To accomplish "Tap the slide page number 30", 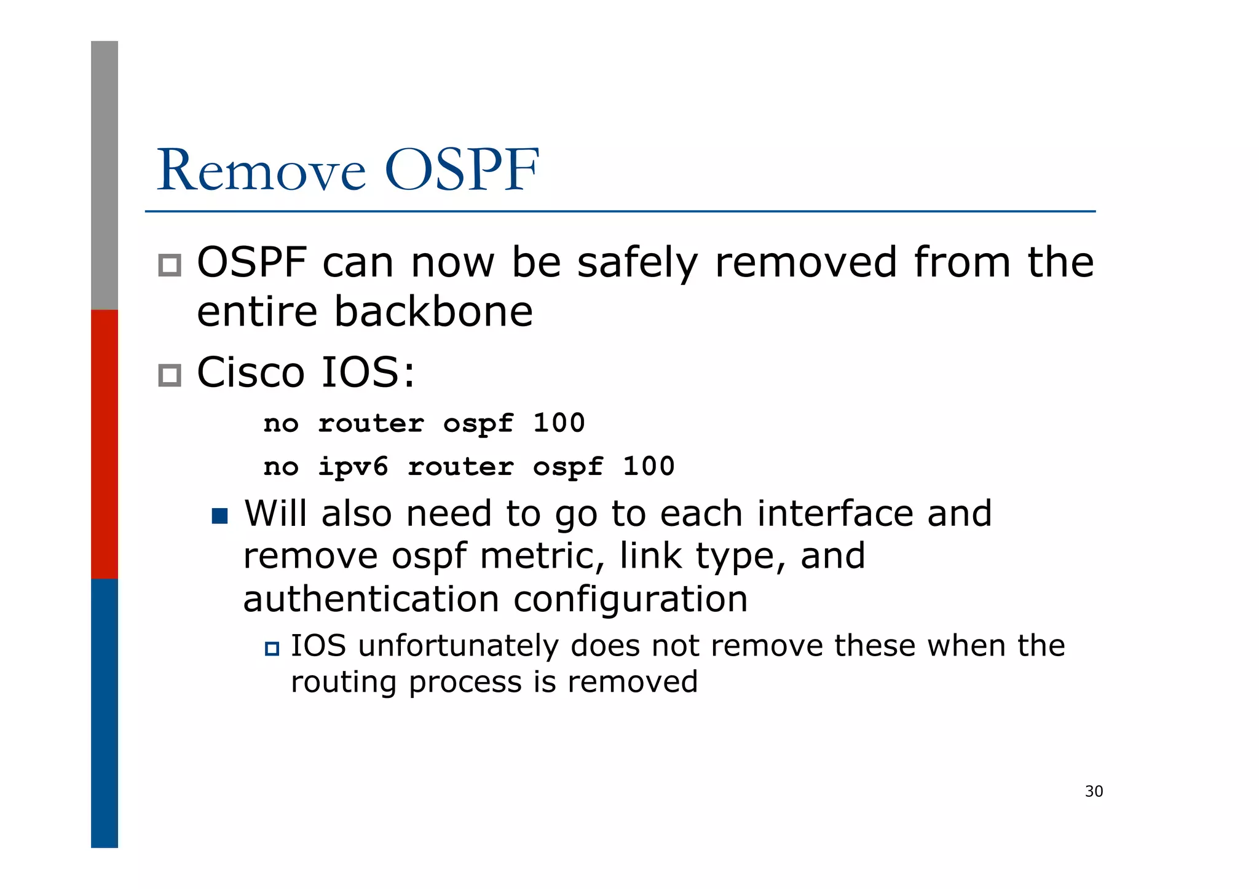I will click(1094, 791).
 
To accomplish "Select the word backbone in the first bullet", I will click(433, 311).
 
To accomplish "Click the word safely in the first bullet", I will click(637, 263).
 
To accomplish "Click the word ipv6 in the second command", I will click(353, 467).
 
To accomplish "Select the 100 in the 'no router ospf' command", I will click(559, 423).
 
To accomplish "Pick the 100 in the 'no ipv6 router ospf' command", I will click(649, 467).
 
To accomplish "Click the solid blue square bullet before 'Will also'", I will click(219, 515).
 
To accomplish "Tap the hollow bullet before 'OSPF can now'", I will click(170, 265).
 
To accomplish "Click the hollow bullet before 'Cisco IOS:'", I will click(170, 375).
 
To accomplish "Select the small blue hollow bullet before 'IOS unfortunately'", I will click(272, 648).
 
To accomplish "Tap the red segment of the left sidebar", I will click(105, 444).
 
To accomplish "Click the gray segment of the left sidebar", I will click(105, 175).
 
